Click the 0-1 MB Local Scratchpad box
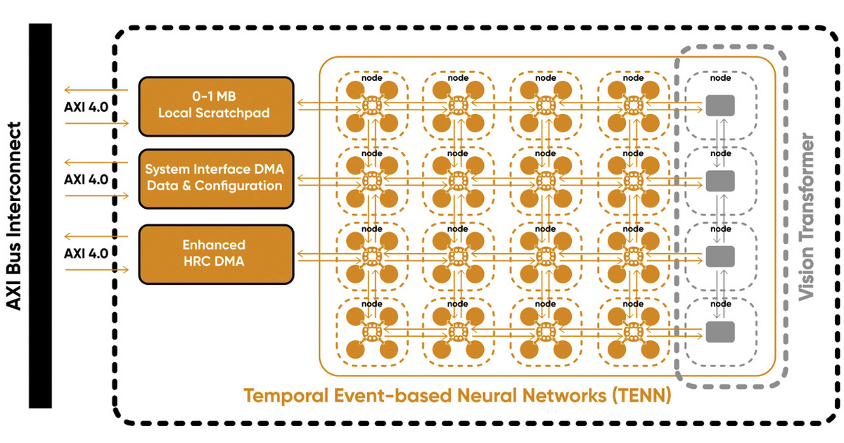[216, 106]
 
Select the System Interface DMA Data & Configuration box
[216, 179]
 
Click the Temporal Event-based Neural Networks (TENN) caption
[457, 396]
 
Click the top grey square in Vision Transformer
[720, 106]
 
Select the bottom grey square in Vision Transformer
[720, 330]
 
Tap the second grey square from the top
[720, 181]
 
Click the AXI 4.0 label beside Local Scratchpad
[86, 106]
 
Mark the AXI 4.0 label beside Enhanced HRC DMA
[86, 252]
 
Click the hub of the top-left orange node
[371, 106]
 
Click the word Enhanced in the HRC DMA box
[214, 245]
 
